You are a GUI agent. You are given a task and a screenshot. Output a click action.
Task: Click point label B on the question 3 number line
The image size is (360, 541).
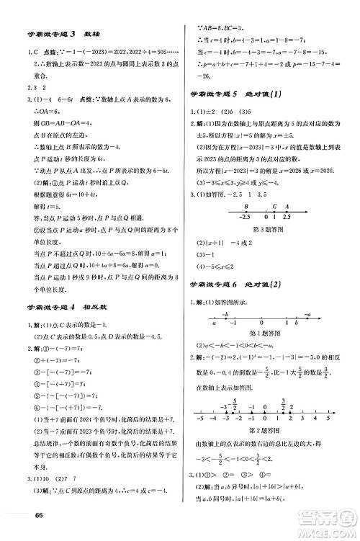[x=228, y=203]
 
